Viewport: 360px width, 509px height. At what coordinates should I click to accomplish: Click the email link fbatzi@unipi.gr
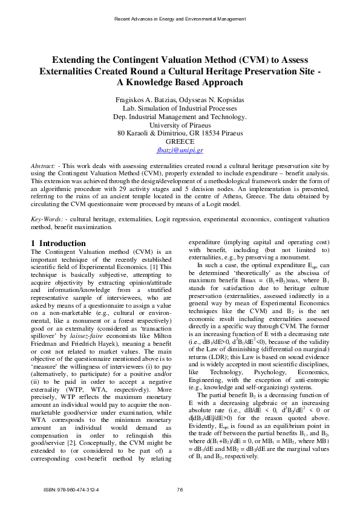coord(180,149)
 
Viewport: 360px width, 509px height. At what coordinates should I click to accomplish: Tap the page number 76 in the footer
coord(180,489)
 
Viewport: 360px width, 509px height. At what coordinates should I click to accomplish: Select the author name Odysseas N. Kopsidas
coord(212,99)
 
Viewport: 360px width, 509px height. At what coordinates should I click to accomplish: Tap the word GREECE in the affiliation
coord(180,141)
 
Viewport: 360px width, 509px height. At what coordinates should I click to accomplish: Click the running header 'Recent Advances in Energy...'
coord(180,19)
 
